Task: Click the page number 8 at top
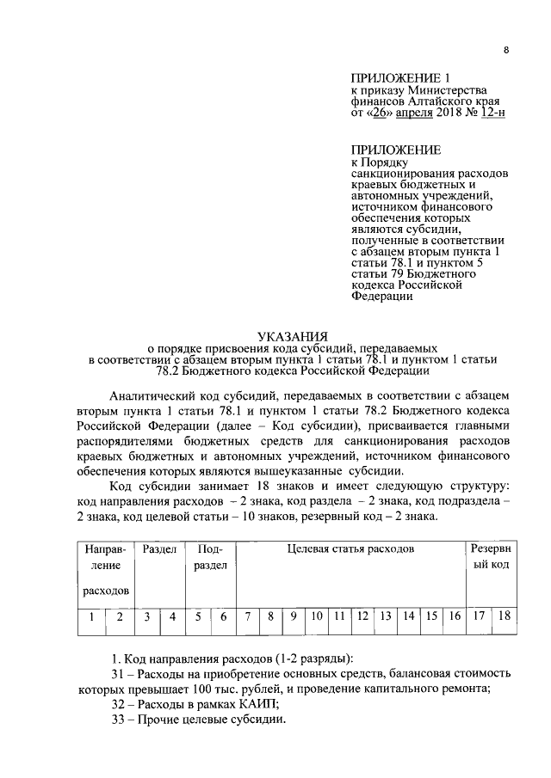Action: [506, 51]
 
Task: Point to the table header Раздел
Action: [159, 548]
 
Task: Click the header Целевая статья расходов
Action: [350, 548]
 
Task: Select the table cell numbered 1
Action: [90, 616]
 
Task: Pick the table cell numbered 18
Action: [505, 616]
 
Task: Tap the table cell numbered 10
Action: [317, 616]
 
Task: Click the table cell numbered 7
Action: [247, 616]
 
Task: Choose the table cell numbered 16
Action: [455, 616]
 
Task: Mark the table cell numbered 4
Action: [172, 616]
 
